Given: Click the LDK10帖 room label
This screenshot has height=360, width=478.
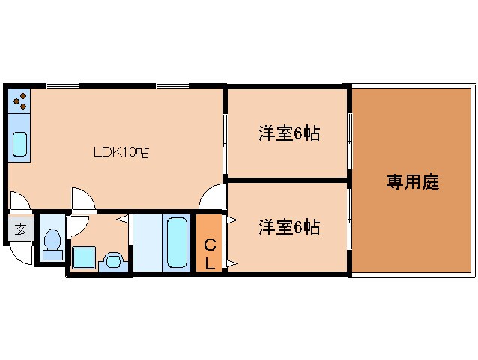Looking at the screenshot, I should (121, 152).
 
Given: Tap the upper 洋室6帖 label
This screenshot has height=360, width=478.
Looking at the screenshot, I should (289, 134).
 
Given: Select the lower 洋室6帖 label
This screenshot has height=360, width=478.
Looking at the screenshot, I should (289, 226).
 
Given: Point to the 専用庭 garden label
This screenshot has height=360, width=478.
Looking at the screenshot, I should (412, 181).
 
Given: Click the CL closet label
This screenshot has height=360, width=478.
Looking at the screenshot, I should (210, 253).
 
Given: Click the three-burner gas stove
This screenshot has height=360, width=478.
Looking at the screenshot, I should (20, 100).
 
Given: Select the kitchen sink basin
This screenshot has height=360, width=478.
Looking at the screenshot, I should (20, 143).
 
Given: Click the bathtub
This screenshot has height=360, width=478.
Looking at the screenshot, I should (177, 241).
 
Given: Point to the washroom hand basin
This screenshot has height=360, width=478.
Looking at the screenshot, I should (112, 260).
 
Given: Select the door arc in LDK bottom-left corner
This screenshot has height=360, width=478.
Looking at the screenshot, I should (20, 201).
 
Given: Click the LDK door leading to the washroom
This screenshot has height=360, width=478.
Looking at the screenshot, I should (82, 200).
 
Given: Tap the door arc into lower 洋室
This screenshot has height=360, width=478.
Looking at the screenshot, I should (213, 199).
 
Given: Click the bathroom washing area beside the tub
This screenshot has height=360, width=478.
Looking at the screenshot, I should (146, 241).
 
